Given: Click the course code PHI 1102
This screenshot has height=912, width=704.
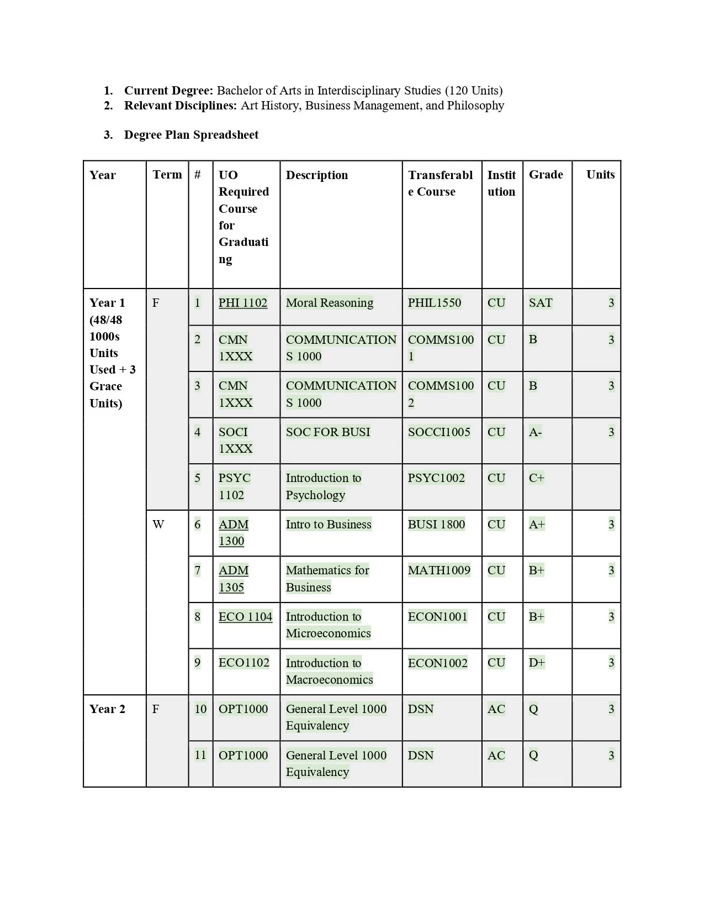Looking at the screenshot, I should [x=242, y=303].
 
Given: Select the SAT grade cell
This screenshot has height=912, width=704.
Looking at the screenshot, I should [x=540, y=303].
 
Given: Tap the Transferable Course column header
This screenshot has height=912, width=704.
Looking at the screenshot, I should [x=440, y=183].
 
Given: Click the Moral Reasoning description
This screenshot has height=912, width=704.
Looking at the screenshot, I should [x=329, y=303].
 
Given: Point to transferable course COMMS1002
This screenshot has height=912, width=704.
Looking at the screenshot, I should [x=440, y=394].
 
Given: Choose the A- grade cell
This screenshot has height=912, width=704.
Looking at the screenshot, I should [x=535, y=432].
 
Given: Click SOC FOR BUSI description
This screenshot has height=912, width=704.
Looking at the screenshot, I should [x=328, y=432].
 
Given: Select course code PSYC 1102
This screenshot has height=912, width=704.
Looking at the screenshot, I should [x=234, y=486].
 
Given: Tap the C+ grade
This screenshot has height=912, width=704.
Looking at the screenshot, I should [x=536, y=478].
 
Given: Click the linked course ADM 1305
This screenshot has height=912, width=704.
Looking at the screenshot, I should [x=233, y=579].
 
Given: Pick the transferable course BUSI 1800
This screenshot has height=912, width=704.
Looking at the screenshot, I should [x=436, y=525].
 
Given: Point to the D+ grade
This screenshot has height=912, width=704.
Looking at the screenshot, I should [x=537, y=663].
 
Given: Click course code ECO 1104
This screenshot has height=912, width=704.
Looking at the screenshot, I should [x=245, y=617].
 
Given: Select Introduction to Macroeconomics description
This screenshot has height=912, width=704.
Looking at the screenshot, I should [x=329, y=671].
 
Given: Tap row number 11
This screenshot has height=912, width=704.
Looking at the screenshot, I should [x=200, y=755].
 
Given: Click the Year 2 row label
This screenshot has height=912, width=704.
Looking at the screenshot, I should [x=107, y=709].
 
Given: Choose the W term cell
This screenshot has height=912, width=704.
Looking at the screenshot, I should [x=158, y=525].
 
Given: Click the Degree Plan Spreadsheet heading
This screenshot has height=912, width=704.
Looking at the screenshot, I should [x=191, y=135].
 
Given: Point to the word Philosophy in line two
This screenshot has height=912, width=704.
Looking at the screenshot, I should [x=475, y=106].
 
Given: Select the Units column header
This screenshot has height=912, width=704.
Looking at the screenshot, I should [x=600, y=175].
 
